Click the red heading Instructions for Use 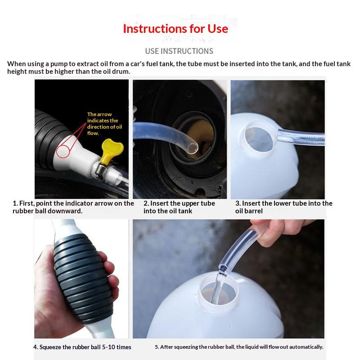tap(175, 29)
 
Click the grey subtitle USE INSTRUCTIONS tap(179, 51)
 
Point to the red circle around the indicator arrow tap(63, 151)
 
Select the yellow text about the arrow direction tap(104, 123)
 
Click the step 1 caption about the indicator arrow tap(73, 207)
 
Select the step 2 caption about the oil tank tap(179, 207)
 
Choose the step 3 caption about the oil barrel tap(284, 207)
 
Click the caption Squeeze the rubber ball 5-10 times tap(82, 347)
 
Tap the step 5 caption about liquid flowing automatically tap(239, 346)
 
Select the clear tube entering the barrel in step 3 tap(301, 137)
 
